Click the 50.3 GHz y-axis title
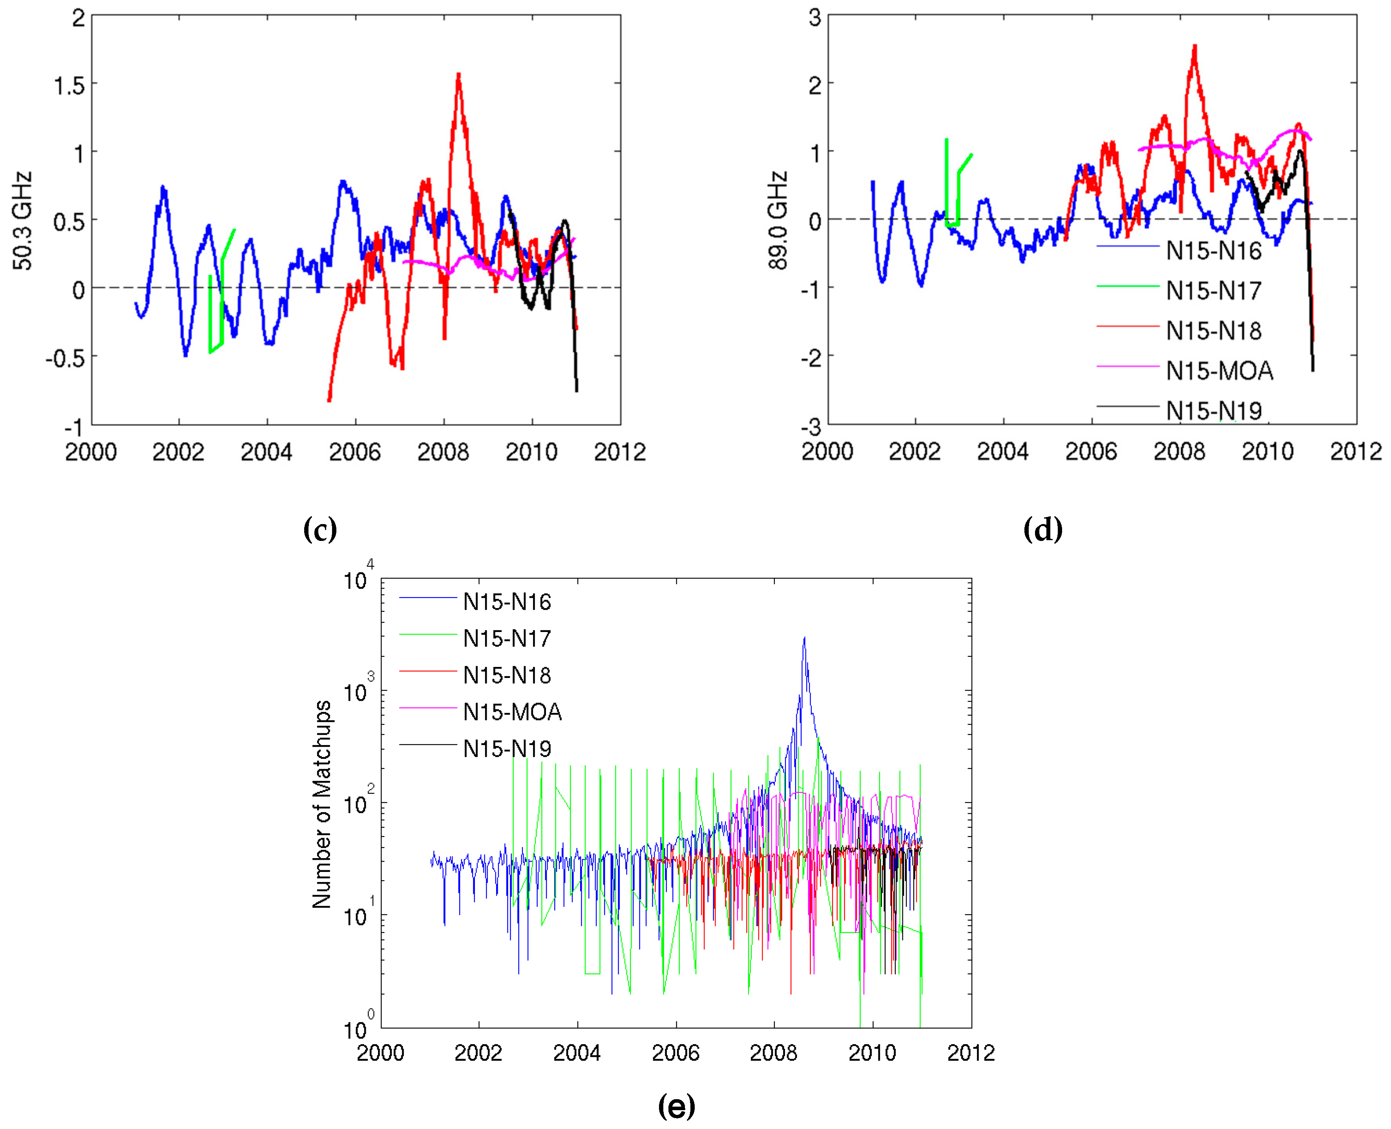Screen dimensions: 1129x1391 pyautogui.click(x=22, y=221)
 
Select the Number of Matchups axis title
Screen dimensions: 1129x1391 pyautogui.click(x=321, y=804)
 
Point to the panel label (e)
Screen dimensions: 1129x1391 pyautogui.click(x=676, y=1105)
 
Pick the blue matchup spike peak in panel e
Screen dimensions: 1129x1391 pyautogui.click(x=805, y=639)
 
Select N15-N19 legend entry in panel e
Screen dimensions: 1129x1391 pyautogui.click(x=507, y=749)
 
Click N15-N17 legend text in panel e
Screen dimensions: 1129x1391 pyautogui.click(x=507, y=639)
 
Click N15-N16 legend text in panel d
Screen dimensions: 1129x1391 pyautogui.click(x=1214, y=251)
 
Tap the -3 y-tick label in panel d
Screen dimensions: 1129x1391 pyautogui.click(x=814, y=427)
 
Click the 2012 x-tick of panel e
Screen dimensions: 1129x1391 pyautogui.click(x=970, y=1053)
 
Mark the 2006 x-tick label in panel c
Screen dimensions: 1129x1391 pyautogui.click(x=354, y=452)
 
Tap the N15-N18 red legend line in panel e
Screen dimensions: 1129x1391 pyautogui.click(x=427, y=671)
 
